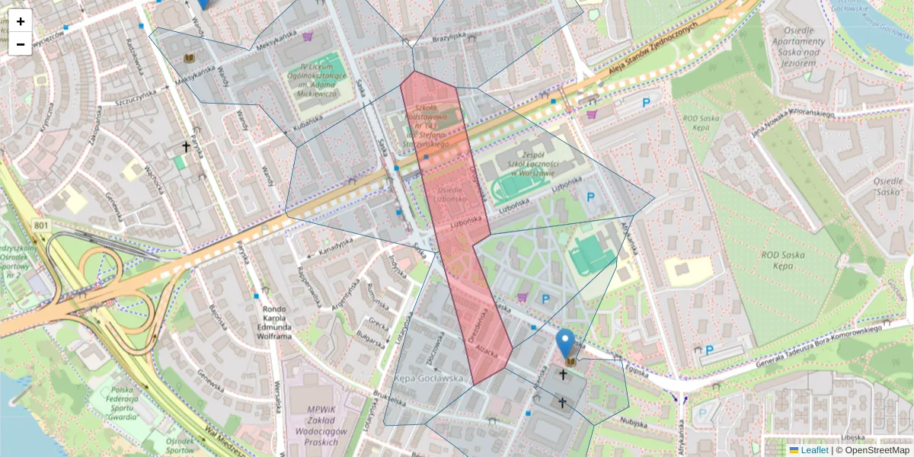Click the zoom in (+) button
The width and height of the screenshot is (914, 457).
[21, 21]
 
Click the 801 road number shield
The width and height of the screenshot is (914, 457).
[41, 225]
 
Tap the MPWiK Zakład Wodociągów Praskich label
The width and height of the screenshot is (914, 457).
[321, 425]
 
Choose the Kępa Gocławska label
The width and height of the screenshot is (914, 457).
[430, 378]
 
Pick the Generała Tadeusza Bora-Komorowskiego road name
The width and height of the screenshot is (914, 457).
[818, 344]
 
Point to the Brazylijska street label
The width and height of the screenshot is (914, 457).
[448, 37]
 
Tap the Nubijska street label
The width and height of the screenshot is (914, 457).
[633, 419]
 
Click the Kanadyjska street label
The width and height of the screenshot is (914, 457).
[335, 245]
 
